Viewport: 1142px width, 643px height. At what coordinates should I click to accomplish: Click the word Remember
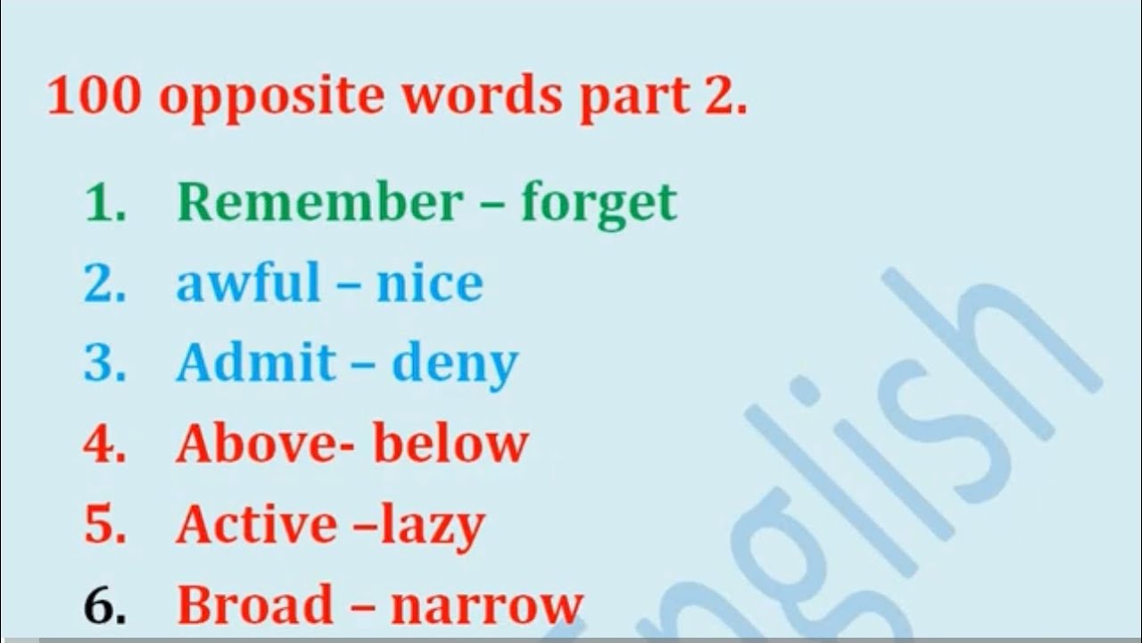click(x=319, y=203)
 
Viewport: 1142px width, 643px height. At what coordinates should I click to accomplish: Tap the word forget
click(x=599, y=205)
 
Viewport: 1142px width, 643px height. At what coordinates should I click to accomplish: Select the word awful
click(x=248, y=283)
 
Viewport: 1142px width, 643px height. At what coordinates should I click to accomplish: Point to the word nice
click(x=430, y=283)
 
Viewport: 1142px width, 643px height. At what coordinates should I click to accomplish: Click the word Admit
click(x=255, y=363)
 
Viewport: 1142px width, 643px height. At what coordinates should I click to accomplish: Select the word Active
click(x=254, y=523)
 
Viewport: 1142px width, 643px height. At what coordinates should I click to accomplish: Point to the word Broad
click(x=254, y=605)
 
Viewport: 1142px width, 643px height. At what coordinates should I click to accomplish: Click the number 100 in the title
click(x=95, y=96)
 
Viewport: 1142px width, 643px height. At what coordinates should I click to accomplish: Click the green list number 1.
click(x=103, y=204)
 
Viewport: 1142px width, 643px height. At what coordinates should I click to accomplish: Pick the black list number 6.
click(x=103, y=605)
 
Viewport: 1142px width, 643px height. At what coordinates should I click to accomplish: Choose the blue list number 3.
click(x=103, y=363)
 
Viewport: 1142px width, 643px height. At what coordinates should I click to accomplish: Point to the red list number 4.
click(x=103, y=444)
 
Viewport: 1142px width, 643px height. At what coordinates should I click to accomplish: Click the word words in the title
click(x=482, y=96)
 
